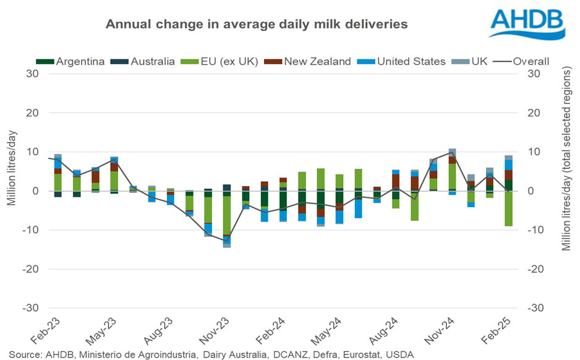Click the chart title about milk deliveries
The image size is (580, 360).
point(256,24)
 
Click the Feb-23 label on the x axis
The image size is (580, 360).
point(46,332)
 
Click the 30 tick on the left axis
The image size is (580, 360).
point(33,74)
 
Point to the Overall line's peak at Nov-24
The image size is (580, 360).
point(453,152)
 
